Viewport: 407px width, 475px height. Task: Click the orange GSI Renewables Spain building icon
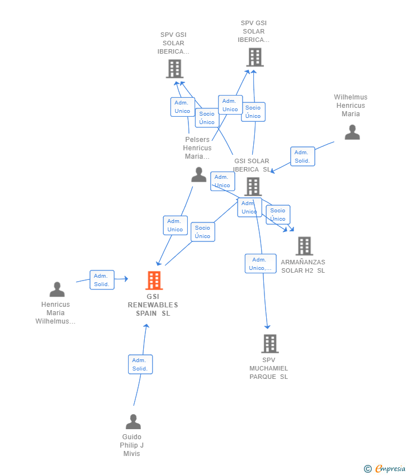click(154, 280)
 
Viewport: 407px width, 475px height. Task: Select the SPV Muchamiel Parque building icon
click(269, 343)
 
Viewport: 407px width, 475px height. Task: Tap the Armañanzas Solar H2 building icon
click(304, 246)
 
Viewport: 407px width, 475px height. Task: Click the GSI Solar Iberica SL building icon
click(253, 187)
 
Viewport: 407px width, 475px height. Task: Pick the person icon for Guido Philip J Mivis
click(133, 421)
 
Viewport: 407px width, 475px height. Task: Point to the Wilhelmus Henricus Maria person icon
click(352, 132)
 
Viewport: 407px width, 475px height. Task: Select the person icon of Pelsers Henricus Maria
click(198, 174)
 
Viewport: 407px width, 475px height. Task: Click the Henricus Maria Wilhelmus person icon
click(57, 289)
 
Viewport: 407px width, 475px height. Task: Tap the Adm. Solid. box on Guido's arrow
click(140, 364)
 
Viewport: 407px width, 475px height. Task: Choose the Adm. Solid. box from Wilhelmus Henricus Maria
click(302, 156)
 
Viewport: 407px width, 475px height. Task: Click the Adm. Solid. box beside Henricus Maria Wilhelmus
click(102, 280)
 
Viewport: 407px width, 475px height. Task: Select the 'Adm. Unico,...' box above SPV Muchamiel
click(261, 264)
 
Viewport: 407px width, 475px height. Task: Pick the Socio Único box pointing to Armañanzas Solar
click(278, 215)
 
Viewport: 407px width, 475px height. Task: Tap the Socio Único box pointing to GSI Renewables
click(202, 232)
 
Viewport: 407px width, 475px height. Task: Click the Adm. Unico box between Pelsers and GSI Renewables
click(175, 225)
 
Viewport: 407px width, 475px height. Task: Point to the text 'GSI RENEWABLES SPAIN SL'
click(153, 305)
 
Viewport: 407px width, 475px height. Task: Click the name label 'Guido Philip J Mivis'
click(132, 445)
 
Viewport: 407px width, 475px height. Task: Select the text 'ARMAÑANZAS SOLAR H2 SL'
click(302, 266)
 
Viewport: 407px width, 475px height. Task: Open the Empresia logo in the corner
click(390, 469)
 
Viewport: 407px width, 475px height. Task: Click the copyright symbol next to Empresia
click(368, 469)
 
